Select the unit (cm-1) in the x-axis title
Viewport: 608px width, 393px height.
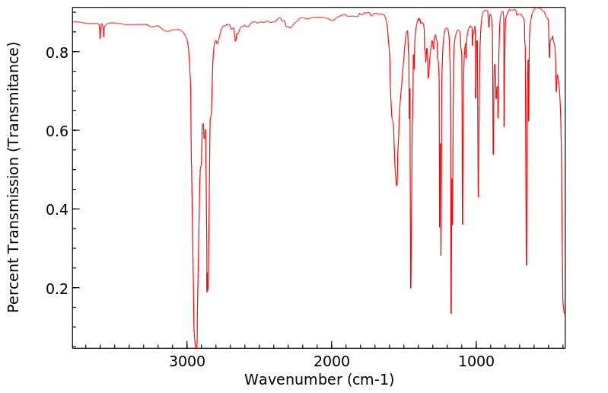pos(371,379)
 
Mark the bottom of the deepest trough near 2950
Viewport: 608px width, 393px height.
pos(196,347)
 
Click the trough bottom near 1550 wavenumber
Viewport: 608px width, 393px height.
pos(396,185)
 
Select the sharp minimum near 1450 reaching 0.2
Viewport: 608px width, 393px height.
pos(411,287)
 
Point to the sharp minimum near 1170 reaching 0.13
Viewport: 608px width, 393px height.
pos(451,313)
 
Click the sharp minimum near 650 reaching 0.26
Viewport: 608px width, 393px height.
pos(526,264)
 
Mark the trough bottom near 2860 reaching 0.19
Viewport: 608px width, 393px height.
pos(207,291)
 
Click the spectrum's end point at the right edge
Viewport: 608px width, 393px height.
pos(565,314)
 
